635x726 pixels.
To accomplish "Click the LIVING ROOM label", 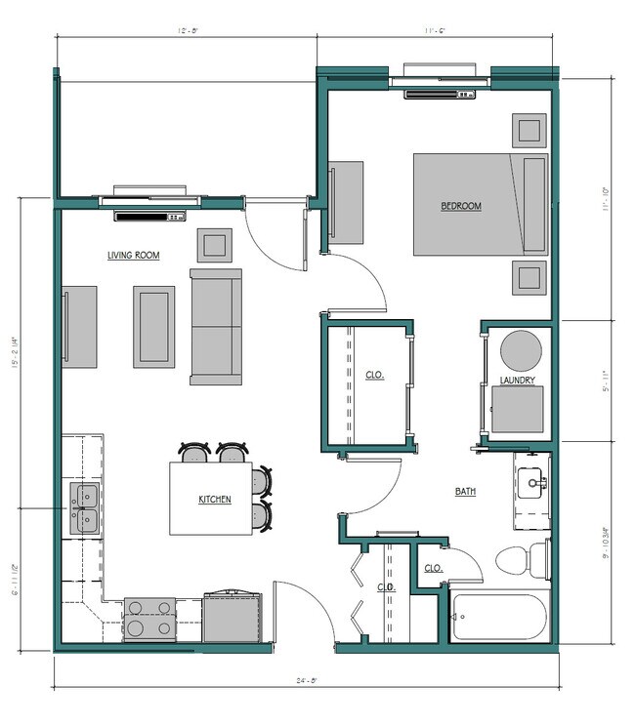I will click(x=134, y=255).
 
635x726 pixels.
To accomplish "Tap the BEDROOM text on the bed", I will click(x=461, y=206).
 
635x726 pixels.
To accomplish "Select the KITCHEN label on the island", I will click(x=215, y=500).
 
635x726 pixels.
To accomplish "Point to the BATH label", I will click(x=465, y=492).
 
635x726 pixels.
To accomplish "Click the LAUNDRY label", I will click(x=518, y=380).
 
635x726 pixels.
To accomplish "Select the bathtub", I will click(x=497, y=617).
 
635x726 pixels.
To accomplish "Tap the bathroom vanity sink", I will click(x=532, y=481).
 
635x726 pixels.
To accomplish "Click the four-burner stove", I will click(x=149, y=619).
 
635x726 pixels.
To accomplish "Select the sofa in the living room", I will click(x=216, y=327).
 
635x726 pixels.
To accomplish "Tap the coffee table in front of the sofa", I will click(x=153, y=326).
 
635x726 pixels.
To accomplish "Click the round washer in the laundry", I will click(x=520, y=349).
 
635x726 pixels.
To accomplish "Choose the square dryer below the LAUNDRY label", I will click(x=517, y=410).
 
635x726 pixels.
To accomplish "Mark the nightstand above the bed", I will click(x=530, y=130).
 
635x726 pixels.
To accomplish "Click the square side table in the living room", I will click(x=215, y=244).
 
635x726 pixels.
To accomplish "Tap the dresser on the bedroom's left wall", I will click(x=345, y=202).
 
